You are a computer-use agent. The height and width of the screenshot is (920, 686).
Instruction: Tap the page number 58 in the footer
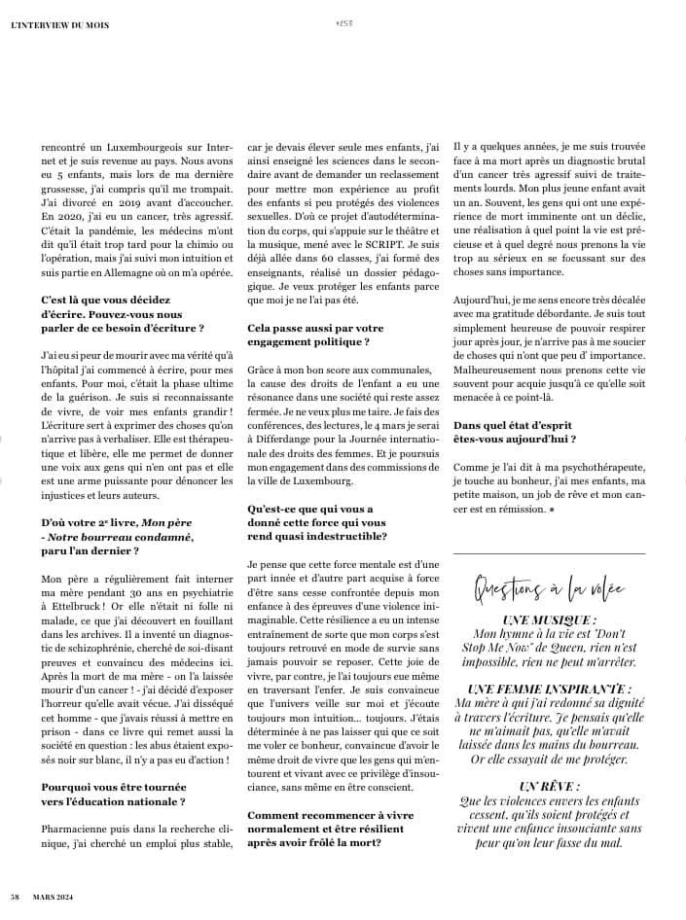(x=16, y=896)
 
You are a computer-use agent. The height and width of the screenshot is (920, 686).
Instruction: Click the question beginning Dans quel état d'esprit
(x=513, y=433)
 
